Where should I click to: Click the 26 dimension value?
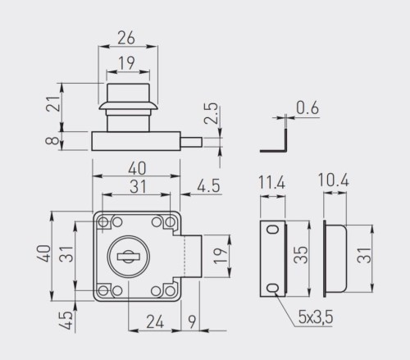127,37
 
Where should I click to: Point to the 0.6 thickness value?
307,107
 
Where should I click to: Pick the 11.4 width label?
271,183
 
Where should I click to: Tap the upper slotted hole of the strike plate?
272,230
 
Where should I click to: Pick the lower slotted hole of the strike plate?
272,287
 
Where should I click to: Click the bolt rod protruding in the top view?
190,141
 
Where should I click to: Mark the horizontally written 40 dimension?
135,167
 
